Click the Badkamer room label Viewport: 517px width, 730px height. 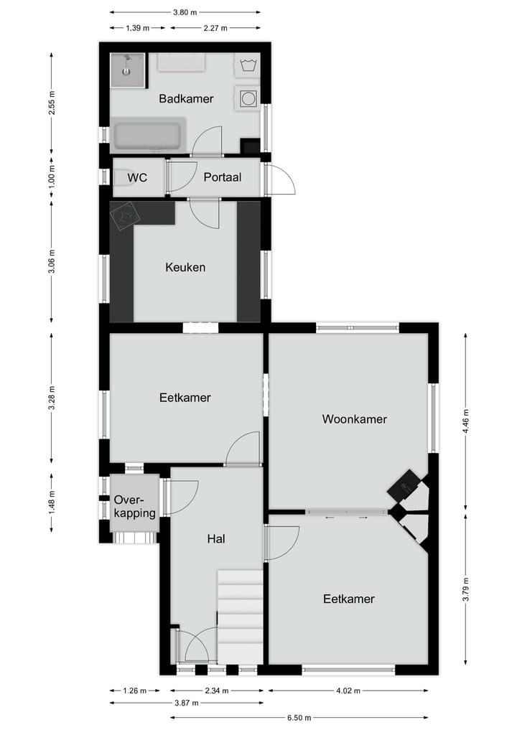tap(186, 99)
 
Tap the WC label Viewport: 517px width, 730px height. tap(137, 177)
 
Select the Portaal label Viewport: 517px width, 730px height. tap(222, 177)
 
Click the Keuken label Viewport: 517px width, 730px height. tap(185, 267)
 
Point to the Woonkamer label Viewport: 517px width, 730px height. tap(354, 419)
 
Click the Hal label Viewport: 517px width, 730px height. tap(215, 538)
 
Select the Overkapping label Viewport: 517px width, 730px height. tap(134, 506)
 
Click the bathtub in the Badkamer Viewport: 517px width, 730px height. tap(149, 136)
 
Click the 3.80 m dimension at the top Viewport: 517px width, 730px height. tap(186, 12)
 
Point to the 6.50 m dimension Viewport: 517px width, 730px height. tap(294, 716)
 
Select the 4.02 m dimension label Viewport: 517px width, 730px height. tap(348, 691)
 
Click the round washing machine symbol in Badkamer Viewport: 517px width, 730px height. tap(248, 98)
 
